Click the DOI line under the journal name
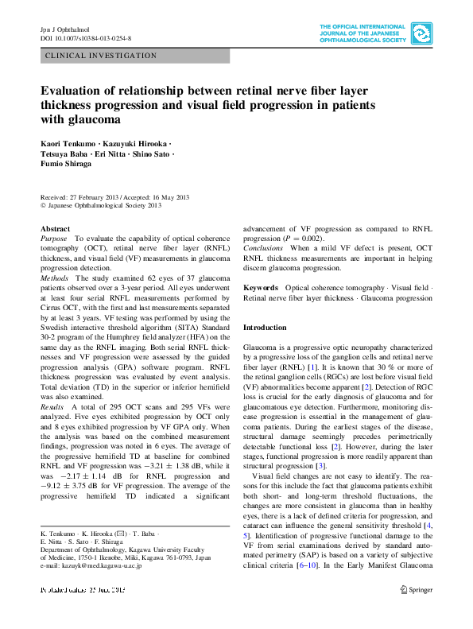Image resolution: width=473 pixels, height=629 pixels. [86, 37]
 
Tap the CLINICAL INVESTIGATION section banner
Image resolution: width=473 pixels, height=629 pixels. [102, 56]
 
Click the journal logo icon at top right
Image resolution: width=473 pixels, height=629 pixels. [423, 33]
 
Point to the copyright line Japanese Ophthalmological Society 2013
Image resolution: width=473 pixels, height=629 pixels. [104, 205]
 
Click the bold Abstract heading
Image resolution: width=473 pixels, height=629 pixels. [55, 228]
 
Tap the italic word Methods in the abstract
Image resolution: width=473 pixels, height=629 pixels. [55, 278]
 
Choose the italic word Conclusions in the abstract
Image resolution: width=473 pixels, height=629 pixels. [262, 248]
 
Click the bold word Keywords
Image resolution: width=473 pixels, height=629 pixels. [261, 287]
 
